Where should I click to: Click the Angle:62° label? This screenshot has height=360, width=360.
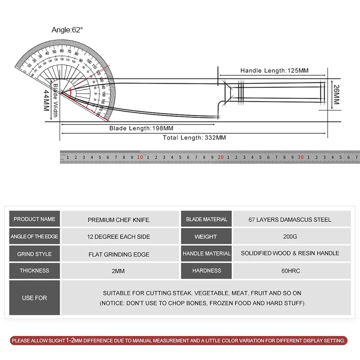67,30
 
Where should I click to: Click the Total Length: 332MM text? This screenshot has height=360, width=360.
194,138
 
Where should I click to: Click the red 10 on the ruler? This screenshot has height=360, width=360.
140,157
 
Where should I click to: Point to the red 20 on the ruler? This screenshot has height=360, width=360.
220,157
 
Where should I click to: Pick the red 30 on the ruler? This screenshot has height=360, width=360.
301,157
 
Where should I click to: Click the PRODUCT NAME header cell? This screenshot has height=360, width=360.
35,219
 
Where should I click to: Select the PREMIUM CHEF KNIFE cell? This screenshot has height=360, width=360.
119,220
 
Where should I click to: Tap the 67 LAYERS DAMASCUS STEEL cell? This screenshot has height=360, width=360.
290,220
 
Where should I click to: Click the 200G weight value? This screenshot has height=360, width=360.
290,236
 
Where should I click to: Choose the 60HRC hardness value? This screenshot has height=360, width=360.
290,270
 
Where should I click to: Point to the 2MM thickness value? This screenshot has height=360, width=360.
119,271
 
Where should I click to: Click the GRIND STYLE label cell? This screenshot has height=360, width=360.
35,254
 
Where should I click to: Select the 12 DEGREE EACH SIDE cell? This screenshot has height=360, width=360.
119,237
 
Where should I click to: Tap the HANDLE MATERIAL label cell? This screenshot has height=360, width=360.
207,254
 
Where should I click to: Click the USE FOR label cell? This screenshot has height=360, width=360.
35,298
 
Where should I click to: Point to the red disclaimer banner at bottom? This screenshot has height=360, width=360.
180,341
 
